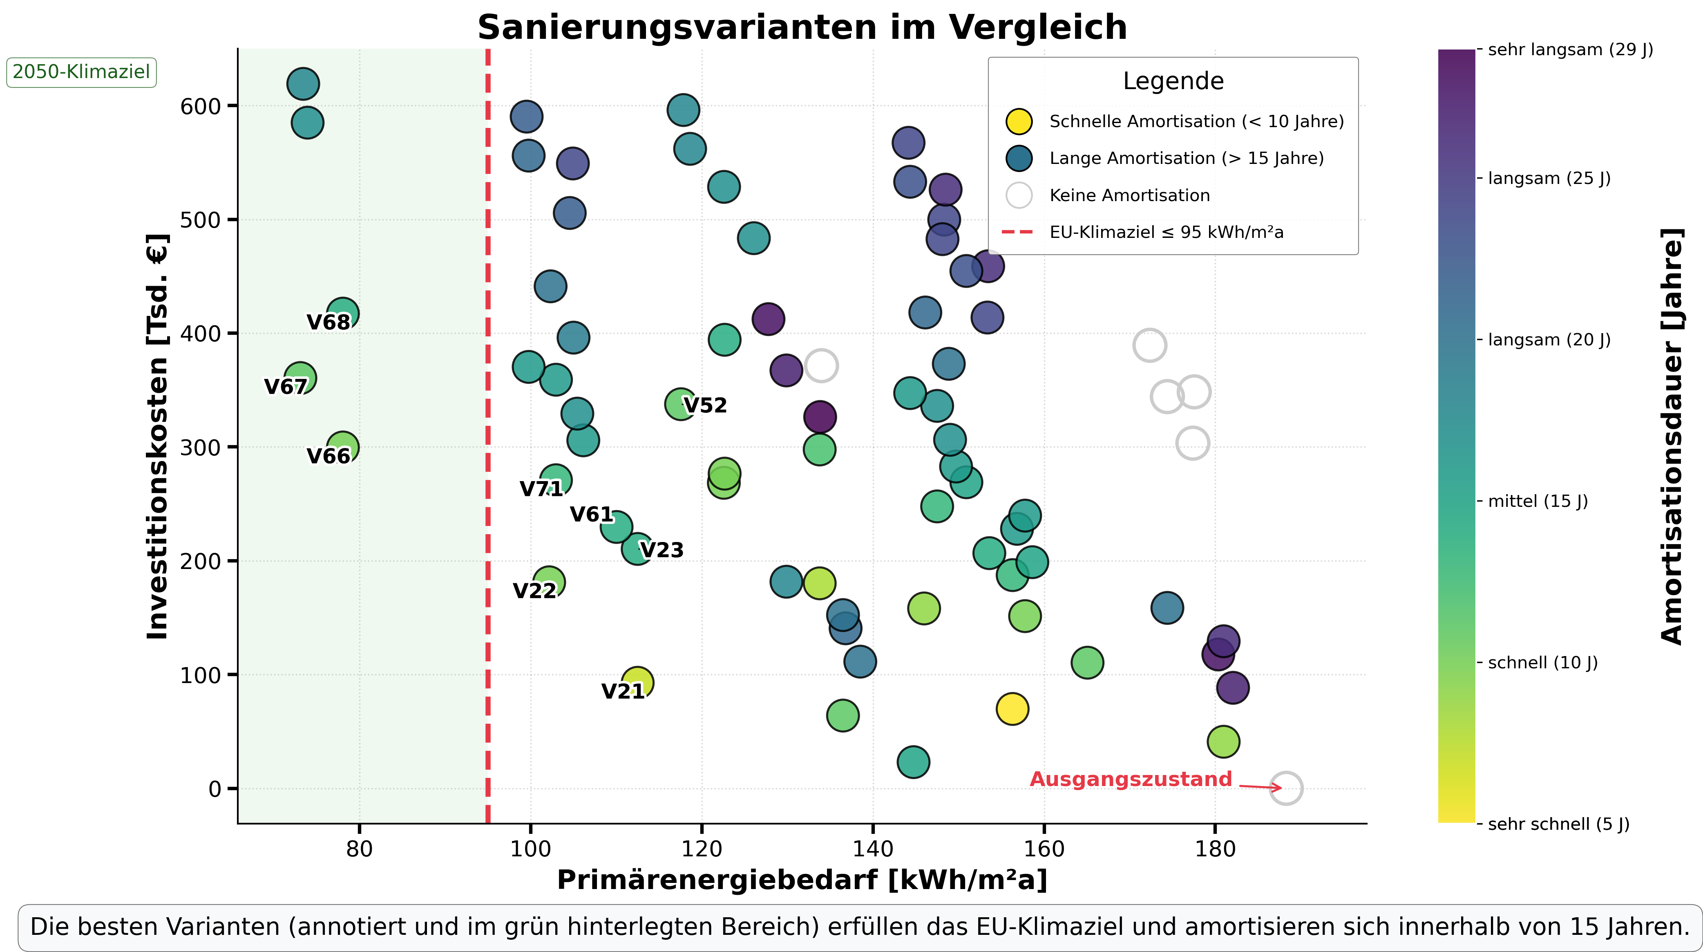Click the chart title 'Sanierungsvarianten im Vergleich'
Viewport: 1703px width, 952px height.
pos(802,28)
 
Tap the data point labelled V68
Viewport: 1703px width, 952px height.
pos(342,313)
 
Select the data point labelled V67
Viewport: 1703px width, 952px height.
pos(300,378)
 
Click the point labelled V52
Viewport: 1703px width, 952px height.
pos(680,403)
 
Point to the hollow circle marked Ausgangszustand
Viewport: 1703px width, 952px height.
pos(1285,788)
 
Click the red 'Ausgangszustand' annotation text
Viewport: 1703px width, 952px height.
pos(1131,780)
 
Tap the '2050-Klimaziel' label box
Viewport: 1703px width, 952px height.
pos(81,72)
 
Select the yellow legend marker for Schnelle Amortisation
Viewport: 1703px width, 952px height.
pos(1019,122)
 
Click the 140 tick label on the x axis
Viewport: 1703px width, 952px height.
pos(873,849)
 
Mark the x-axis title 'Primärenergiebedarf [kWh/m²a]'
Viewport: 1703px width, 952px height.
pos(802,880)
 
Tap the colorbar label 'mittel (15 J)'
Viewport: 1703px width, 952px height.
pos(1537,502)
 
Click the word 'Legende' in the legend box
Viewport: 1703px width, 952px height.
pos(1173,81)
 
